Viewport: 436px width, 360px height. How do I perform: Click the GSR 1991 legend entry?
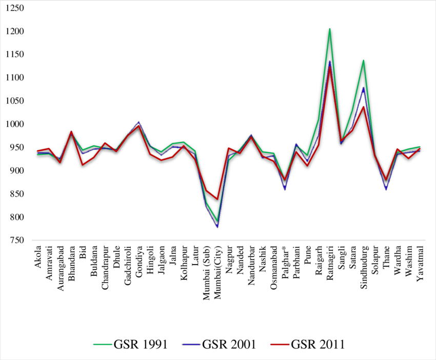pos(130,344)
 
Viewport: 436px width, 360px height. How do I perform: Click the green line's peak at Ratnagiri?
pos(330,29)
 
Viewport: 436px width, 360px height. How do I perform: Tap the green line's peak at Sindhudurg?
pos(364,60)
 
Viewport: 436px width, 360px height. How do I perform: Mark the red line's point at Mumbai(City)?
pos(217,199)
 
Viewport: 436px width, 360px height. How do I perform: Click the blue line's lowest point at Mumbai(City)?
pos(217,227)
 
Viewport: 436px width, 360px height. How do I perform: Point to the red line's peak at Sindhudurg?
pos(364,107)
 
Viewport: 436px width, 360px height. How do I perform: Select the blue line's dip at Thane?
pos(386,189)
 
